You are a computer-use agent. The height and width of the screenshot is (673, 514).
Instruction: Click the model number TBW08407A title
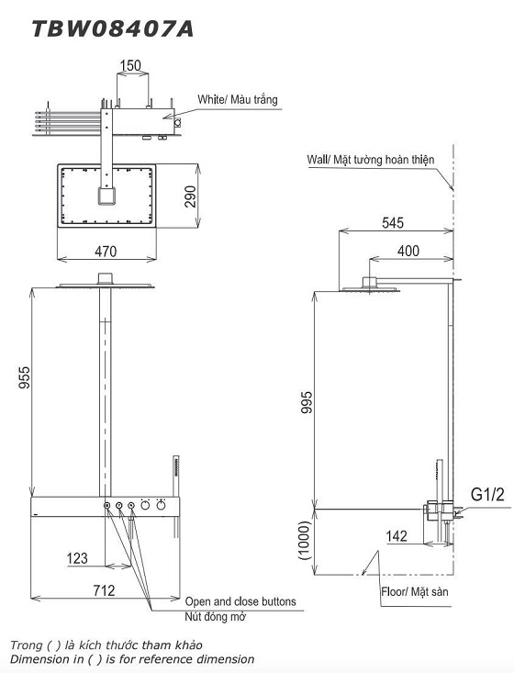113,29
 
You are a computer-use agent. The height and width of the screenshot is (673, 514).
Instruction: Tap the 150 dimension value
130,66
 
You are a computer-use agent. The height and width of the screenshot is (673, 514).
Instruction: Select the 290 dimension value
191,196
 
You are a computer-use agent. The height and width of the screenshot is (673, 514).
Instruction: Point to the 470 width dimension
106,251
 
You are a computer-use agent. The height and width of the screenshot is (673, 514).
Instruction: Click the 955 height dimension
25,377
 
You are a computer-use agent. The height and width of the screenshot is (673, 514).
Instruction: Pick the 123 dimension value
77,558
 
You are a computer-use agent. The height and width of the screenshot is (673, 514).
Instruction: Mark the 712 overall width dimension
105,590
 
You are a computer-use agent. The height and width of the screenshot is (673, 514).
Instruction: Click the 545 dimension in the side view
393,223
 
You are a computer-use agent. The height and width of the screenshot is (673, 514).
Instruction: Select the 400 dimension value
408,251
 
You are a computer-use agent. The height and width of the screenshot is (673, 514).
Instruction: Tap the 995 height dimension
307,402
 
